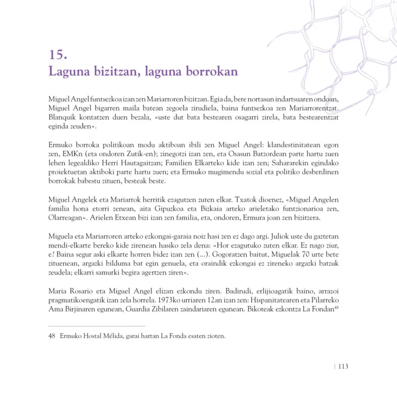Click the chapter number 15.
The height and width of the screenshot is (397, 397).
[x=58, y=55]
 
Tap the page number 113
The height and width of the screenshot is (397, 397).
[x=343, y=366]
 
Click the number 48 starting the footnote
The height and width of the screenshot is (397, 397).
[x=53, y=336]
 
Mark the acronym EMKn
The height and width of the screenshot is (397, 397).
[x=72, y=154]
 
